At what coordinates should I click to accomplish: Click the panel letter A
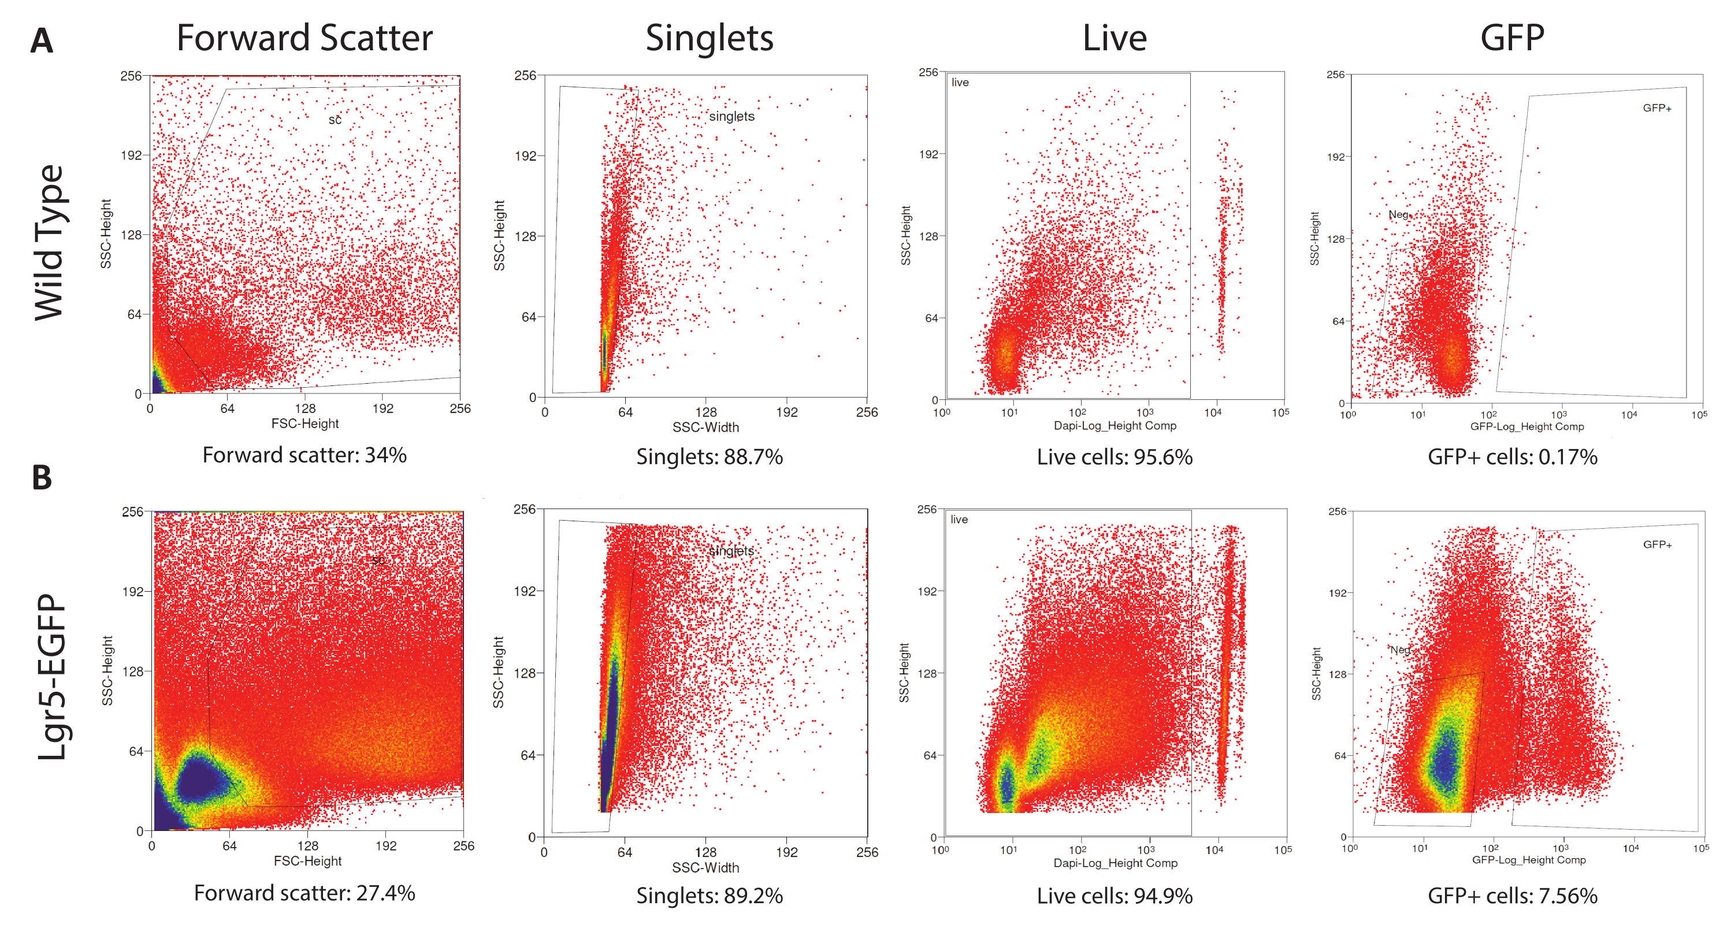42,41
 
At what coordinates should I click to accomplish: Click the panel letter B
42,477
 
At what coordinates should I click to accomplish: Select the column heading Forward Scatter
304,38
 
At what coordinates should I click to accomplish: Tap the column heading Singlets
710,38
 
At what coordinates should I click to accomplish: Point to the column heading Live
1114,38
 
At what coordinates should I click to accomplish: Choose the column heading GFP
1512,38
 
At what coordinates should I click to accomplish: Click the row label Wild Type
50,242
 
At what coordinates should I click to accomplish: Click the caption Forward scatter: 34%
304,455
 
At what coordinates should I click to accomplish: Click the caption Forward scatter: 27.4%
304,893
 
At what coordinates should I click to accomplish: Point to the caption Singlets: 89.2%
710,896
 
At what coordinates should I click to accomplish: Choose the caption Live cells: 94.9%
1114,896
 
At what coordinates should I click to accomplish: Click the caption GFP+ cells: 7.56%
1513,896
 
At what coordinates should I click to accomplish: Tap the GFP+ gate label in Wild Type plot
1657,108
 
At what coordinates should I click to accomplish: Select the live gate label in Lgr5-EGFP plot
959,520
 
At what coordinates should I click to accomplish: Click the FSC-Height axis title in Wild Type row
305,424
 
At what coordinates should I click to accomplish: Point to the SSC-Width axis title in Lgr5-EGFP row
705,868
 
